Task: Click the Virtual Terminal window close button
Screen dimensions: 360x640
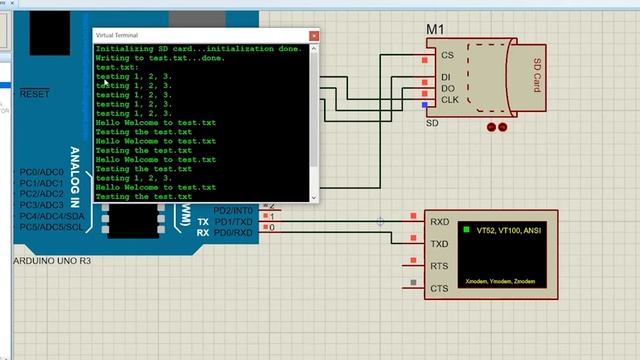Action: click(x=314, y=35)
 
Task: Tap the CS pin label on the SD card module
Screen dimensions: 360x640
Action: click(x=447, y=56)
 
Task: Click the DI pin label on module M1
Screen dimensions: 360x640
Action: click(x=446, y=76)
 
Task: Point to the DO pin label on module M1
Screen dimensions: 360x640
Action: click(x=447, y=89)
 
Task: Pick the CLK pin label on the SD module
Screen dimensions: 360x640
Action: click(x=449, y=101)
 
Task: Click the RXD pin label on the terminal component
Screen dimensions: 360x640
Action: click(x=439, y=222)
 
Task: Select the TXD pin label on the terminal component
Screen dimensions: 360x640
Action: click(x=439, y=244)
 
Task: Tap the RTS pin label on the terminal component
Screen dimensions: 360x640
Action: click(x=439, y=266)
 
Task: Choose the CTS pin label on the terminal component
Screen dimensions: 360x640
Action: click(x=439, y=289)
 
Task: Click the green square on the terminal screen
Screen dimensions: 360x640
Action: click(x=466, y=230)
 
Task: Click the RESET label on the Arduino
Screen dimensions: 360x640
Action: click(x=34, y=94)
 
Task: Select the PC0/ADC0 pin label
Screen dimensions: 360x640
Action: click(x=41, y=173)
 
